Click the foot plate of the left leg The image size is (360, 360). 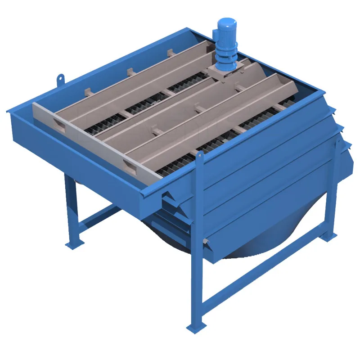pos(74,243)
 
